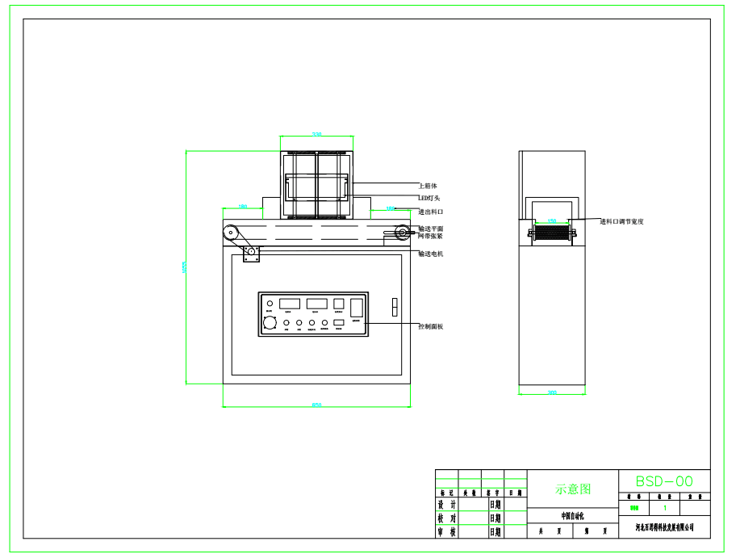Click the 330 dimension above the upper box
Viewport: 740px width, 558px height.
(x=316, y=134)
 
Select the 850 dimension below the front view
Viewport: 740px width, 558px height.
(x=316, y=405)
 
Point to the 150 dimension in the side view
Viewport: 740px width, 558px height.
(x=552, y=220)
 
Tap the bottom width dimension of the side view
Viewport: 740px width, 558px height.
(x=552, y=393)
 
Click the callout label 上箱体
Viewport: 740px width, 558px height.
(x=428, y=186)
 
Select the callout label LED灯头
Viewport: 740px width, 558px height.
(x=429, y=198)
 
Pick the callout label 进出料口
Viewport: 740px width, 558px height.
(x=431, y=212)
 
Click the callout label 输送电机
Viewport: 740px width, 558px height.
(x=431, y=254)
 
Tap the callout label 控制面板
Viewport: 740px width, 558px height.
(x=431, y=326)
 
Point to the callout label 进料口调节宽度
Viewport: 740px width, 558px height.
(x=622, y=220)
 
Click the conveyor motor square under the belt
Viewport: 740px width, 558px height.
(x=251, y=254)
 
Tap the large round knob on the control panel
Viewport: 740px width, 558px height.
(x=270, y=323)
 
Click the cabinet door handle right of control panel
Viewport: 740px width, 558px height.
(x=394, y=307)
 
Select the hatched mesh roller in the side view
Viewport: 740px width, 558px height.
(x=552, y=233)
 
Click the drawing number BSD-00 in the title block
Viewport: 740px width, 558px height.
(x=664, y=481)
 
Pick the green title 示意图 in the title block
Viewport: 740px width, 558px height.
(x=573, y=489)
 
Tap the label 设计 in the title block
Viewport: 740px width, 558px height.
(x=446, y=505)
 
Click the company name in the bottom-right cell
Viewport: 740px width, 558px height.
(x=664, y=527)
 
